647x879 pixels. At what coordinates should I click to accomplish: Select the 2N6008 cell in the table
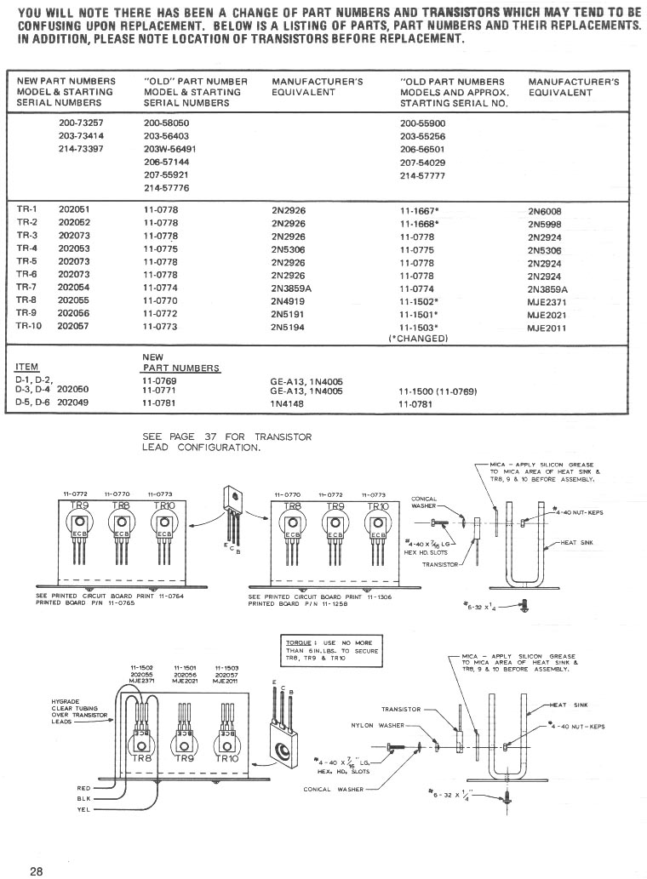[544, 212]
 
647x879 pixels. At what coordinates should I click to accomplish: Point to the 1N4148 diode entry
[287, 403]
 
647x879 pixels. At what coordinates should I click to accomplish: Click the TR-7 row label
[28, 288]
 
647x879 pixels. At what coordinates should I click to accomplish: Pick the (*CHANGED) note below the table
[417, 338]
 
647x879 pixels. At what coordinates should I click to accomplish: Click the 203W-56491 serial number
[170, 148]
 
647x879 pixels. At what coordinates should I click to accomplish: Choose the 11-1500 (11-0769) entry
[437, 391]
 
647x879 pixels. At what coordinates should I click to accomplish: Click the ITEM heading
[30, 368]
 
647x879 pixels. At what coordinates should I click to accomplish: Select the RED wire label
[83, 788]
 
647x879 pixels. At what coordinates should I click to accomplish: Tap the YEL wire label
[83, 811]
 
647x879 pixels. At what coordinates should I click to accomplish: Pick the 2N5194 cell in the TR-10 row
[288, 327]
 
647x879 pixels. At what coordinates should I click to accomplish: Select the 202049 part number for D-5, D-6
[73, 403]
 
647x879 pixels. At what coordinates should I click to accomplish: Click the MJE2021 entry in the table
[547, 314]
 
